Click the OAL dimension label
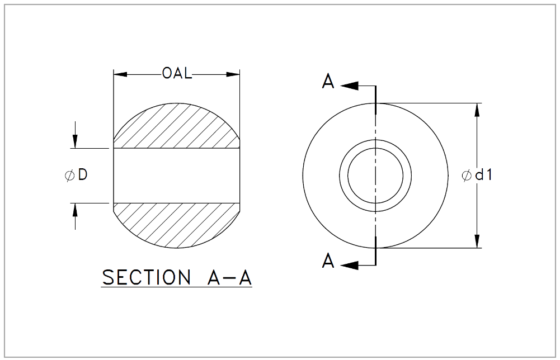(177, 73)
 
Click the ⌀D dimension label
(76, 175)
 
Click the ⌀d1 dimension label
(477, 175)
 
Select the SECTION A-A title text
(177, 277)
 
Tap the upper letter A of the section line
(328, 82)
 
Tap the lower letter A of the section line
(328, 261)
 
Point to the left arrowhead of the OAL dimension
(120, 74)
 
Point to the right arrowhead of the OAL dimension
(233, 74)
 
